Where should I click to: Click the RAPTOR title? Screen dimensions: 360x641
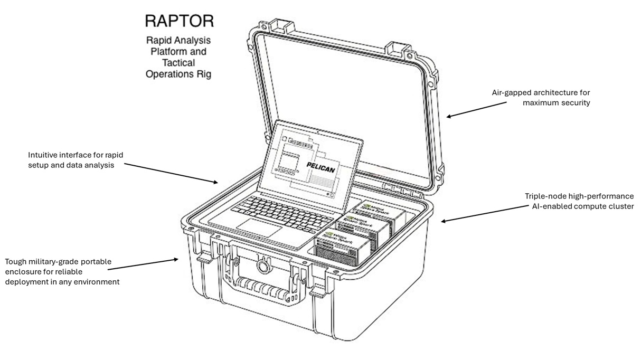179,21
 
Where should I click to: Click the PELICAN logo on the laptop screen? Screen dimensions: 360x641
320,165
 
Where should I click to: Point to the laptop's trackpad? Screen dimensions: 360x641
259,225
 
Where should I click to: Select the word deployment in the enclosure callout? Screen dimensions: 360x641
28,282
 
